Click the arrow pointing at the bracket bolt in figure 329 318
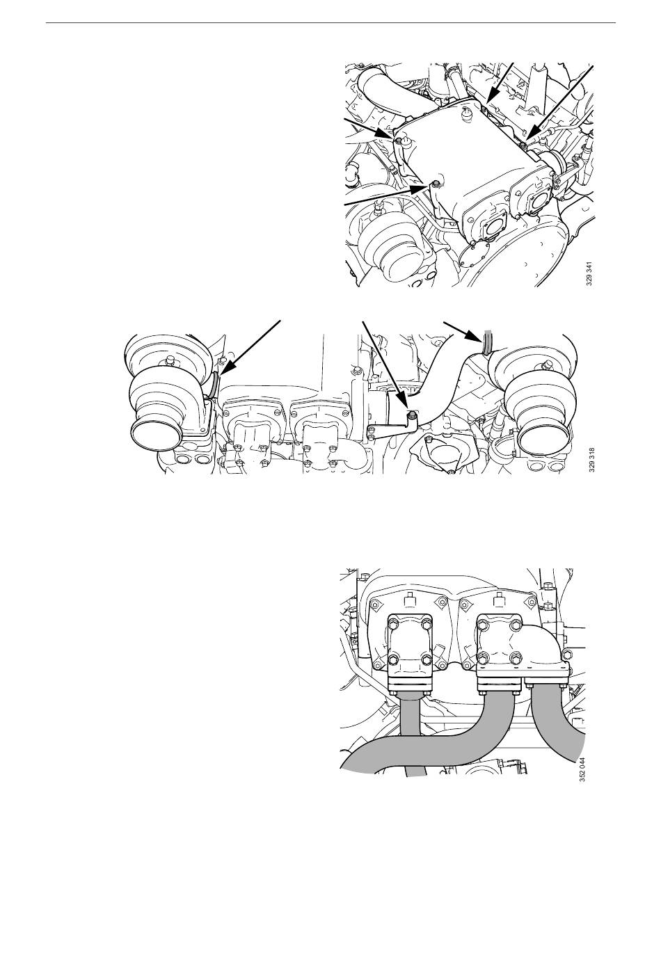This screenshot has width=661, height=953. click(x=385, y=363)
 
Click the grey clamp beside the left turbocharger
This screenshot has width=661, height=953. click(x=214, y=385)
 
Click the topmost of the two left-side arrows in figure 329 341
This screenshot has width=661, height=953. click(x=370, y=129)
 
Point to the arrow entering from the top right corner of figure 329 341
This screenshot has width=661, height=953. click(x=559, y=104)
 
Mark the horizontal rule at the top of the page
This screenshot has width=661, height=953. click(x=330, y=22)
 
